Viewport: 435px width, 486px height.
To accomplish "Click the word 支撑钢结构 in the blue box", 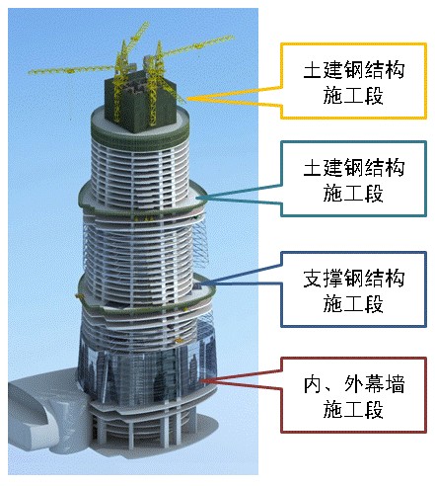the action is tap(353, 279).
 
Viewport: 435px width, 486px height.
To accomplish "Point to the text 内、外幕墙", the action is tap(353, 384).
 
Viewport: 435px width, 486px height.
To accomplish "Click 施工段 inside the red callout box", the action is tap(353, 409).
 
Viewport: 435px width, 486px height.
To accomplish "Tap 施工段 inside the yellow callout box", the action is tap(353, 95).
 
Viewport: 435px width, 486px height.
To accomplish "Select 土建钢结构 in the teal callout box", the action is tap(353, 168).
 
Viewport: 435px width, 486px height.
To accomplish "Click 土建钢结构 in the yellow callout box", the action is tap(353, 69).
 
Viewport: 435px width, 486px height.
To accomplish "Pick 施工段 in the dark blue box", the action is tap(353, 304).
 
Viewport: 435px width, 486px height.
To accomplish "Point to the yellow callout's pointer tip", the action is tap(186, 99).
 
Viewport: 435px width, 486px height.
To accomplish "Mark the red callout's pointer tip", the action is tap(201, 380).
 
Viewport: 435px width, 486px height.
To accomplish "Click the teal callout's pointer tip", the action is tap(196, 198).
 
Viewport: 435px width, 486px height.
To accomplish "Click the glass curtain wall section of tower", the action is tap(148, 372).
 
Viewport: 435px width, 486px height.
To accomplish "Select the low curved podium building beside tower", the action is tap(46, 412).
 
